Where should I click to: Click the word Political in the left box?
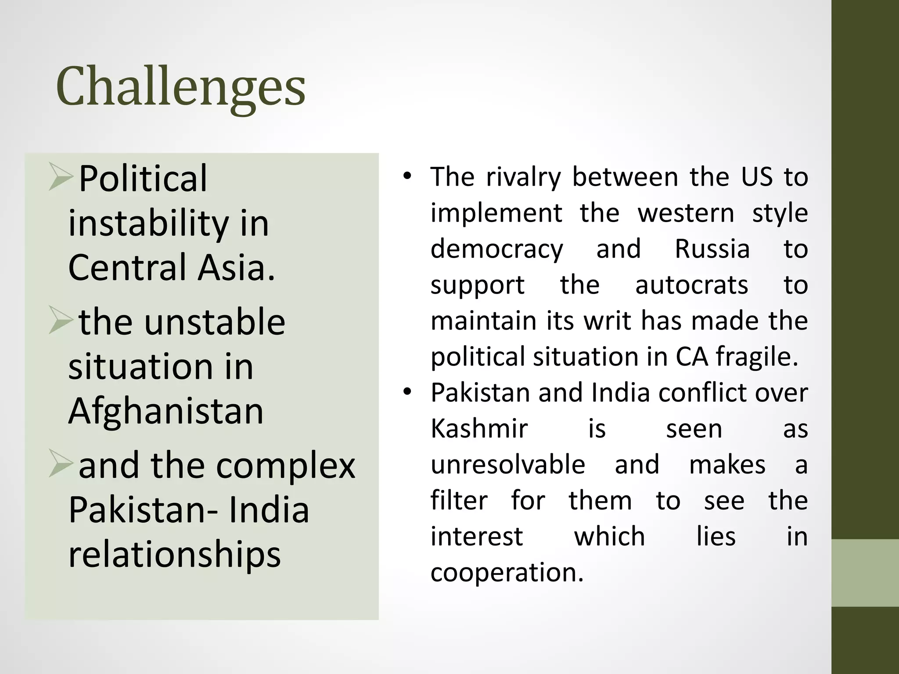coord(143,179)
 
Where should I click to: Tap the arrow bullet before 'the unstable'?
coord(60,320)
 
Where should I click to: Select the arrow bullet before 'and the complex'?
coord(60,463)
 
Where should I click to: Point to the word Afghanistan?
coord(166,411)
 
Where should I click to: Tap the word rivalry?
coord(523,177)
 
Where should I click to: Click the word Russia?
coord(712,249)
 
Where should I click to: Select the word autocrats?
coord(691,285)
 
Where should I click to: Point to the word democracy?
coord(496,249)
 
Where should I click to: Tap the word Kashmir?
coord(479,428)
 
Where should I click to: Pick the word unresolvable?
coord(508,464)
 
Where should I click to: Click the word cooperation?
coord(507,572)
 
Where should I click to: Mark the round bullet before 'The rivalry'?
coord(407,176)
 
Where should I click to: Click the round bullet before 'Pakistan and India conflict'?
coord(407,392)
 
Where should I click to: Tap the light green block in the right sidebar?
coord(865,573)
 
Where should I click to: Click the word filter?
coord(459,500)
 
